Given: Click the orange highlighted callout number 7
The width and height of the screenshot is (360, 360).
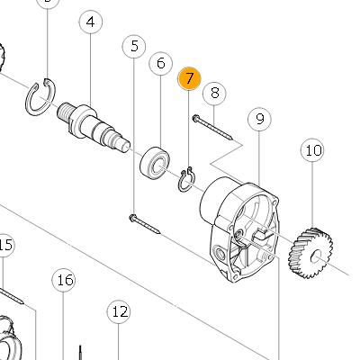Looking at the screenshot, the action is pos(189,78).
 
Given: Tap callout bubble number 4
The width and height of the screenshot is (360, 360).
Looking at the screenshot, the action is pos(91,22).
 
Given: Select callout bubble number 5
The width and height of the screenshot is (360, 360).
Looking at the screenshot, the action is pos(134,47).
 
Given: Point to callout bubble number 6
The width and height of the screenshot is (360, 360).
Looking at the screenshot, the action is pos(161,63).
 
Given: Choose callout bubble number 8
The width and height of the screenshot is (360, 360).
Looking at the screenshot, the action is pos(214,93).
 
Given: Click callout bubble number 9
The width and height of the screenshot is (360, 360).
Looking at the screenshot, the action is pos(259,119).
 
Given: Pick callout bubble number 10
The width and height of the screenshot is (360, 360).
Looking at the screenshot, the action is pos(312,150).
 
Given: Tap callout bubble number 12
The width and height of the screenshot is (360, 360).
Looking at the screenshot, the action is pos(119,312).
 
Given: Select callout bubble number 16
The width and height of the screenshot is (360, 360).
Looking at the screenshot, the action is pos(64,280).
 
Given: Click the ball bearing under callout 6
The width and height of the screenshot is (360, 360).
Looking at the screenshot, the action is pos(155,163).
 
